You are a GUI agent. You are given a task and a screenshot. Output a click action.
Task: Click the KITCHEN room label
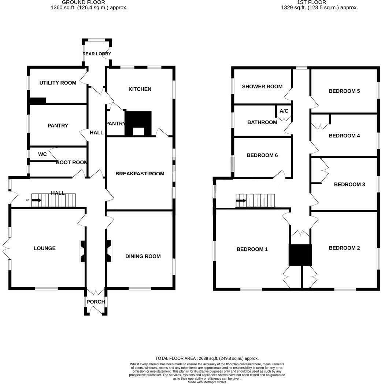coord(140,89)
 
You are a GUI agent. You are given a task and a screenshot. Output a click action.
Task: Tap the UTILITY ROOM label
coord(58,83)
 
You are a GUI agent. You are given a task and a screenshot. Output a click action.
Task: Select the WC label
coord(42,154)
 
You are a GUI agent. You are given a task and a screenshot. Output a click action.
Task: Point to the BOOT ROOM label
coord(72,162)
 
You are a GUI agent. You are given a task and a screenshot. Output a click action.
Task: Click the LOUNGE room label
coord(45,248)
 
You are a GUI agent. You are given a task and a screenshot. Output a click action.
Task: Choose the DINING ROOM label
coord(143,256)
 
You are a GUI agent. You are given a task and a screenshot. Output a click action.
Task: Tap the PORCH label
coord(96,302)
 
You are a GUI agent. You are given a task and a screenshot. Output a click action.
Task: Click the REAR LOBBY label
coord(97,54)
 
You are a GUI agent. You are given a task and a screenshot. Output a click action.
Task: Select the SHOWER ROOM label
coord(262,86)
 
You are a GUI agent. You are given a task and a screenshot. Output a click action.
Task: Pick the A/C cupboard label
coord(284,111)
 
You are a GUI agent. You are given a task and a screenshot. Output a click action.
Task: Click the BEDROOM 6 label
coord(262,155)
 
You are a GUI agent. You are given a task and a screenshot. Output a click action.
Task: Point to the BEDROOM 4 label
coord(344,136)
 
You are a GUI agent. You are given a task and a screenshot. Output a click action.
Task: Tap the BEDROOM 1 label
coord(252,249)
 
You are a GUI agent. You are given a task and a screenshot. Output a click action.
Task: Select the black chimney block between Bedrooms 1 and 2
coord(300,255)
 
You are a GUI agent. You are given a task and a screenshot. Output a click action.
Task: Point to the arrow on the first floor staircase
coord(241,200)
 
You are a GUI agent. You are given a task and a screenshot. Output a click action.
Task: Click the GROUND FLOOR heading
coord(89,2)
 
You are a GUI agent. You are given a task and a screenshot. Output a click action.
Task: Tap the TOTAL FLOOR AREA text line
coord(207,358)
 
